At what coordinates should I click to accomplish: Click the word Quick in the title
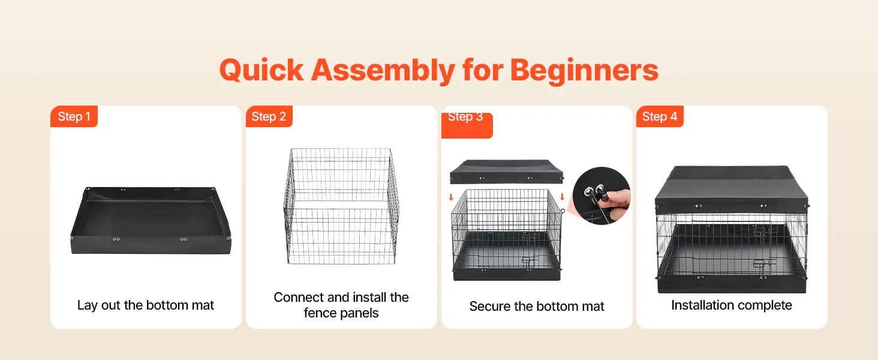tap(261, 70)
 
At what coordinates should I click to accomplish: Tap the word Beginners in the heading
tap(584, 70)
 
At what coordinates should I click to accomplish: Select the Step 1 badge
tap(74, 116)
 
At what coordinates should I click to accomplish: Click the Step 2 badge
tap(269, 116)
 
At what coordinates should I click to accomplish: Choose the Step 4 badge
tap(660, 116)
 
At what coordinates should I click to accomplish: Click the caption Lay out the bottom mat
tap(145, 305)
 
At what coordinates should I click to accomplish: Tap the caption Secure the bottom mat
tap(537, 306)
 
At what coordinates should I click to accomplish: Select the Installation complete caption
tap(732, 305)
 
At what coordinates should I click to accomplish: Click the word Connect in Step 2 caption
tap(299, 297)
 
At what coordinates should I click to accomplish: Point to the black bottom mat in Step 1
tap(151, 220)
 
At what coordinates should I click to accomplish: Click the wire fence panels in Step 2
tap(341, 206)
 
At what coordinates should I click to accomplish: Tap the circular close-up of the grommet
tap(602, 196)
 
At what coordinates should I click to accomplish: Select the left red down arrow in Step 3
tap(451, 197)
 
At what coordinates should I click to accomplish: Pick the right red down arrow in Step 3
tap(562, 197)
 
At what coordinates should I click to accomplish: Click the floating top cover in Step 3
tap(506, 172)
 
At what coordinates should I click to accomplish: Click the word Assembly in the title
tap(383, 70)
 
